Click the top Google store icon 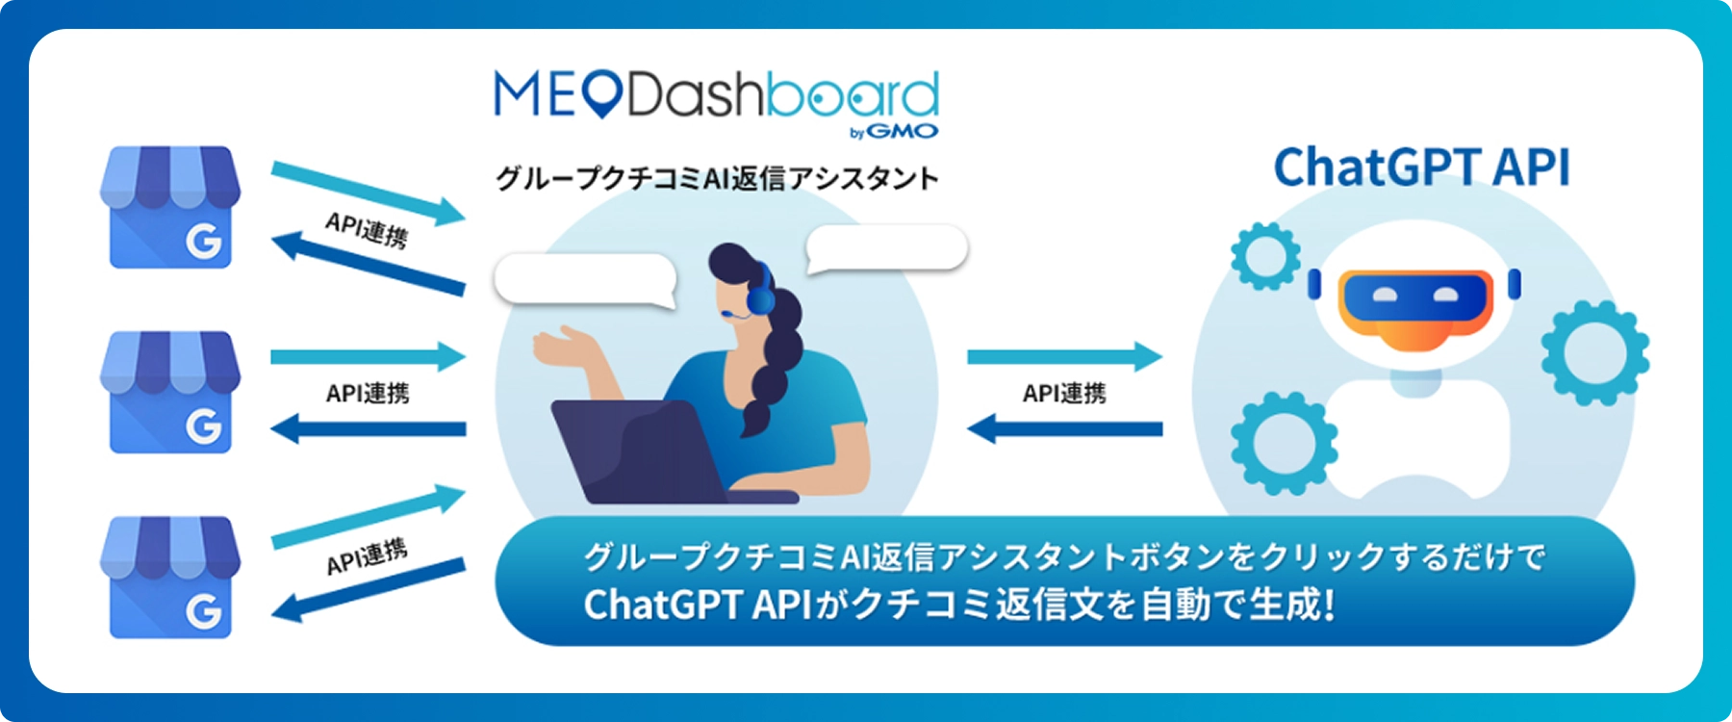click(170, 207)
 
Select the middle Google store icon click(170, 392)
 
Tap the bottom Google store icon click(170, 577)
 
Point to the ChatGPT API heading click(1421, 167)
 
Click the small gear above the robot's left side click(1265, 256)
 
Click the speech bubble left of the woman click(585, 279)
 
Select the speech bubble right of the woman click(886, 248)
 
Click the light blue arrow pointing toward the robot click(1064, 356)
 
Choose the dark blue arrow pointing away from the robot click(1064, 428)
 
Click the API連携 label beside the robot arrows click(1064, 393)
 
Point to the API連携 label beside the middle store click(368, 393)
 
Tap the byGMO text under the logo click(894, 132)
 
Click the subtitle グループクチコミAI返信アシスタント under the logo click(717, 178)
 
